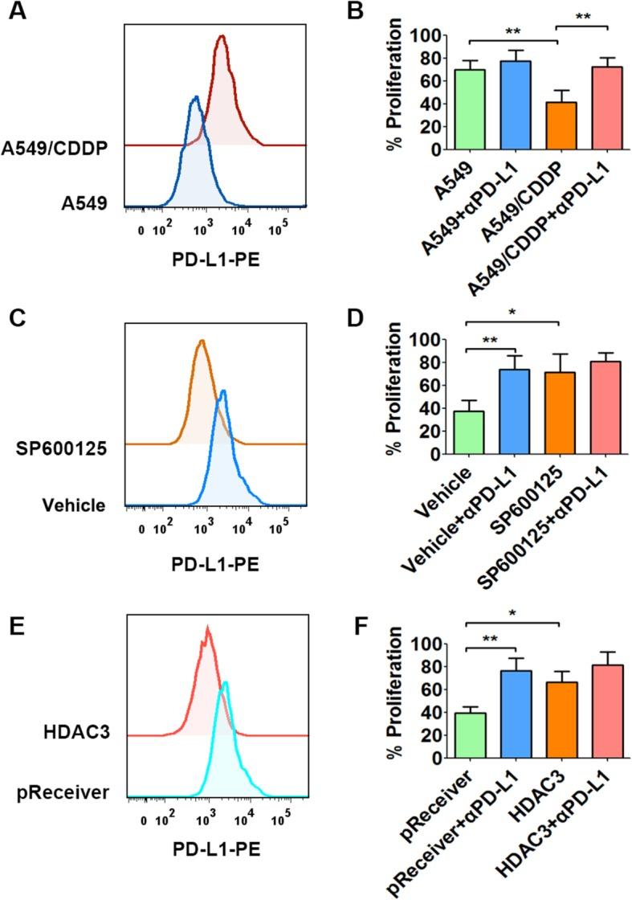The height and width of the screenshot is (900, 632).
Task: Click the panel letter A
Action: click(15, 14)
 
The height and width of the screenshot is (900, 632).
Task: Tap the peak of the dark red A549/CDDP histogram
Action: click(222, 36)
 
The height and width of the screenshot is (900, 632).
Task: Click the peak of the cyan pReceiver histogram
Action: click(226, 683)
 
